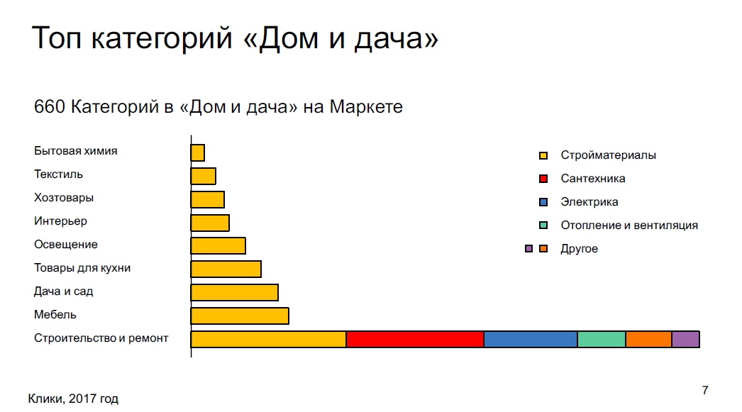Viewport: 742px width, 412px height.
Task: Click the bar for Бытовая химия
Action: point(198,152)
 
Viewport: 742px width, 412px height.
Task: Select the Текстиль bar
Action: point(204,176)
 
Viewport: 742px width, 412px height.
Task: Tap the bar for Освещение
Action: point(218,246)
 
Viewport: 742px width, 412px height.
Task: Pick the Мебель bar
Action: point(240,316)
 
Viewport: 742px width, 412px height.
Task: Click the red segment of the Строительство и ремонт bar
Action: point(415,340)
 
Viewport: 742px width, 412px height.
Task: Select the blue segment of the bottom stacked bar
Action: point(531,340)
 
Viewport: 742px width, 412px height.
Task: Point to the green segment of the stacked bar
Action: point(602,340)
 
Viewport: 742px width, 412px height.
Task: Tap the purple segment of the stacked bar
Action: point(686,340)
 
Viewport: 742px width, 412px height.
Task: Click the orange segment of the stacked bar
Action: point(649,340)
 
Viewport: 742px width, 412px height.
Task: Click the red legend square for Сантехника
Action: point(543,179)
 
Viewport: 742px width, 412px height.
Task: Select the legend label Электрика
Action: point(589,202)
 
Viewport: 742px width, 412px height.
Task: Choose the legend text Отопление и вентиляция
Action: point(629,226)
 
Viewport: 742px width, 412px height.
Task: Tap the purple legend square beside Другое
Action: point(529,249)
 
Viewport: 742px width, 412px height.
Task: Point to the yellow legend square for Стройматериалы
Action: point(543,155)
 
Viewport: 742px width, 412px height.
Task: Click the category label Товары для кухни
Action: point(82,268)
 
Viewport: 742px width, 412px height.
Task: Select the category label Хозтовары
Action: point(64,198)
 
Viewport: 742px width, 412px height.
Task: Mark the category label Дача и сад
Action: point(63,291)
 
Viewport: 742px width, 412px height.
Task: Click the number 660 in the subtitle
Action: point(49,107)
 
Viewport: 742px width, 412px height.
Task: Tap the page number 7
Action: point(705,390)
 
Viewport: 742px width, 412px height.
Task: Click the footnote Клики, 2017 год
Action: point(73,399)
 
